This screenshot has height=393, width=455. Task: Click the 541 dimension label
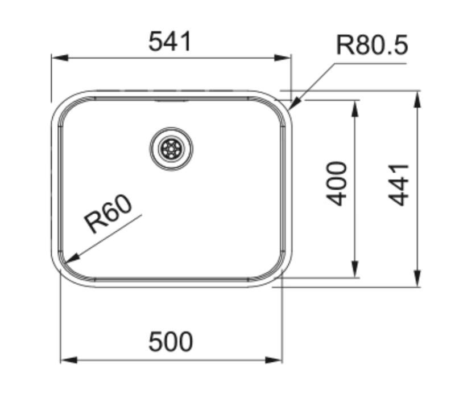[171, 42]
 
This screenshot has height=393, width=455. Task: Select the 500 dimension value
[171, 342]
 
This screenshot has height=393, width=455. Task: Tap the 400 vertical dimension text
[338, 183]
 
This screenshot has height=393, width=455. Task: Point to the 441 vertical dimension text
[400, 184]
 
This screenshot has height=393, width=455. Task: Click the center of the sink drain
[171, 149]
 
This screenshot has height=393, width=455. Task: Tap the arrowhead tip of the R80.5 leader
[290, 108]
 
